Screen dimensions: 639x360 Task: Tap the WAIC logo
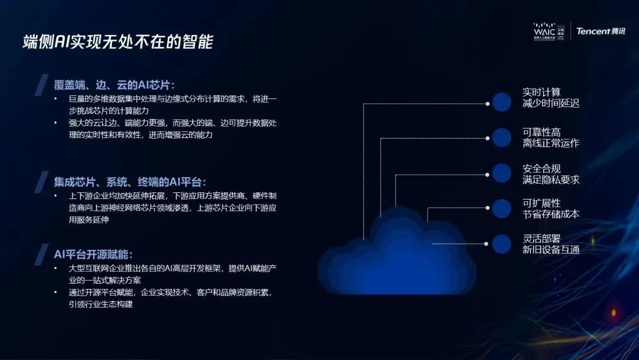click(x=549, y=31)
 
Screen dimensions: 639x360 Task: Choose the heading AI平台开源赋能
click(x=89, y=254)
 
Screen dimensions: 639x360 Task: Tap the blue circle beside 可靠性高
click(x=501, y=137)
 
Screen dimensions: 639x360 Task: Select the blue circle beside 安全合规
click(x=501, y=173)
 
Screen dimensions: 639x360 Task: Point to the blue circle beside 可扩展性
click(x=501, y=208)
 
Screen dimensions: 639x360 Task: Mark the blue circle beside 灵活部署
click(x=501, y=243)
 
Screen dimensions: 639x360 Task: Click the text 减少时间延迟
click(x=550, y=104)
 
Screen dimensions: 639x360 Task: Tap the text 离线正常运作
click(x=550, y=143)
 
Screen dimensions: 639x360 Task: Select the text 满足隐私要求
click(x=550, y=179)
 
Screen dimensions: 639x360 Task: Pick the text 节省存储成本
click(x=550, y=214)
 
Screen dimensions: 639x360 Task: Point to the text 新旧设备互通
click(x=550, y=249)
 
